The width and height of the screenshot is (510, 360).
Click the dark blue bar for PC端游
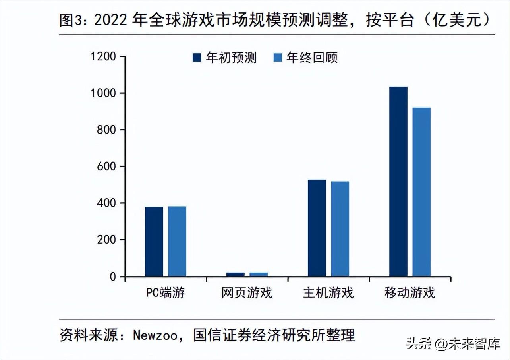154,242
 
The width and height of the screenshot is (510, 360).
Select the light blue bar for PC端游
177,241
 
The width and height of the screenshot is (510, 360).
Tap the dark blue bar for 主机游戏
317,228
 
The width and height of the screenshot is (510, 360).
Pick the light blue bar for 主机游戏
340,229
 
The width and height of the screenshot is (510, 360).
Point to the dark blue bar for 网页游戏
235,274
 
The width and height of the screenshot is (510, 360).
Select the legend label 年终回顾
312,58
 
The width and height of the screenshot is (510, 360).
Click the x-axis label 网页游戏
247,293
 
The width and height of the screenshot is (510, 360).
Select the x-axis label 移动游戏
410,293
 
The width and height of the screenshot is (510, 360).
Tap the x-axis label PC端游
165,293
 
